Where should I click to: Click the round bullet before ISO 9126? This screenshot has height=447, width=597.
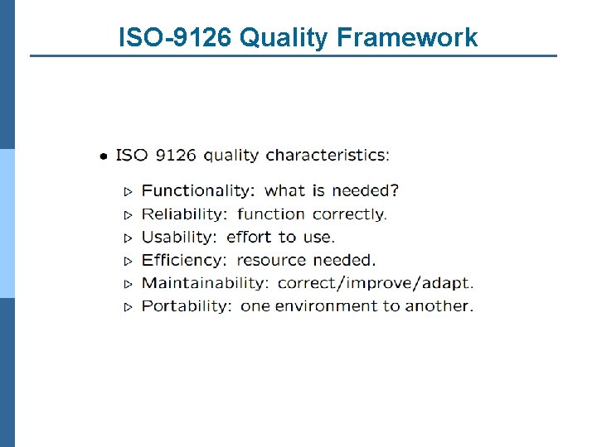click(102, 156)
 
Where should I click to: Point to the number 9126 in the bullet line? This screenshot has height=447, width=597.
click(175, 155)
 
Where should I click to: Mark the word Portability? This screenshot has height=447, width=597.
click(187, 306)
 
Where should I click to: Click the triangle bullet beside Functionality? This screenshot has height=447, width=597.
click(128, 191)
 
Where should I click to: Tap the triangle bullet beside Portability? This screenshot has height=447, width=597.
click(128, 307)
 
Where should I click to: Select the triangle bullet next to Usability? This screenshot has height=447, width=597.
click(128, 238)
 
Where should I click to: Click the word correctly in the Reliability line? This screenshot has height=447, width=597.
click(349, 214)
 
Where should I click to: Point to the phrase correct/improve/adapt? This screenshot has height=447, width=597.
click(376, 283)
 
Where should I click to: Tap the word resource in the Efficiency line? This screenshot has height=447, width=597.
click(271, 260)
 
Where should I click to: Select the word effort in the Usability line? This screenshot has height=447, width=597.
click(249, 237)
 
